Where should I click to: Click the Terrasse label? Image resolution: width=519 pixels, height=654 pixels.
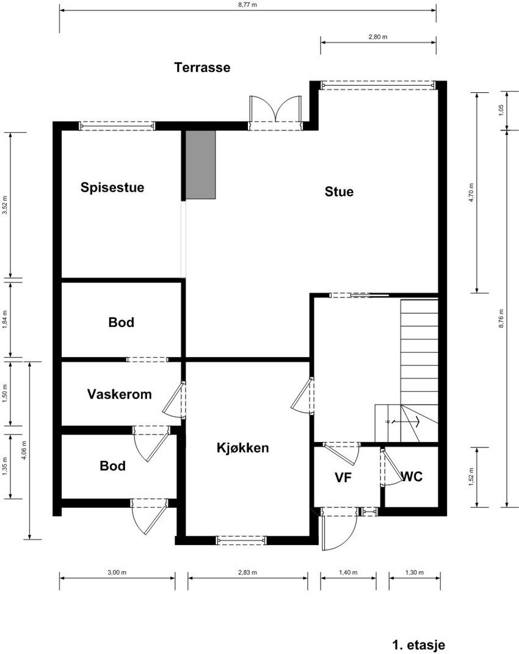(x=202, y=67)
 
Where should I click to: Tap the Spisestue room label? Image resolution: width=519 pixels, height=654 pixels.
(x=112, y=188)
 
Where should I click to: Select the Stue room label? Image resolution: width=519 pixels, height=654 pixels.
(x=339, y=192)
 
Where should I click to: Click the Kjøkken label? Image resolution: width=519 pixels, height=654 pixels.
(x=243, y=448)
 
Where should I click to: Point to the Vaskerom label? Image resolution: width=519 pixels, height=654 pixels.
(x=119, y=394)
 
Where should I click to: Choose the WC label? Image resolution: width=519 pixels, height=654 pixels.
(x=412, y=477)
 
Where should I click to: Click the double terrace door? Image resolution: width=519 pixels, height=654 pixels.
(x=275, y=114)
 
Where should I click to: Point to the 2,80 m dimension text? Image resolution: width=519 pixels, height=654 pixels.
(x=378, y=37)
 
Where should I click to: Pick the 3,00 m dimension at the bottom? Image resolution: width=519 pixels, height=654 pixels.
(x=117, y=573)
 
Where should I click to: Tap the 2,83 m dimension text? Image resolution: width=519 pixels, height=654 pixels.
(x=247, y=573)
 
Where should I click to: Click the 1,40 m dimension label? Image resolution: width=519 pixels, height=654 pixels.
(x=348, y=573)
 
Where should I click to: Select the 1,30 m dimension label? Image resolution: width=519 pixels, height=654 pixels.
(x=414, y=573)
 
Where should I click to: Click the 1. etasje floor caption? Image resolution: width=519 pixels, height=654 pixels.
(x=418, y=645)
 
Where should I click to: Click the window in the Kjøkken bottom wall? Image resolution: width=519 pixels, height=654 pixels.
(x=241, y=540)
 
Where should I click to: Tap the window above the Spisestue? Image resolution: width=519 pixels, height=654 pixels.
(x=117, y=126)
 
